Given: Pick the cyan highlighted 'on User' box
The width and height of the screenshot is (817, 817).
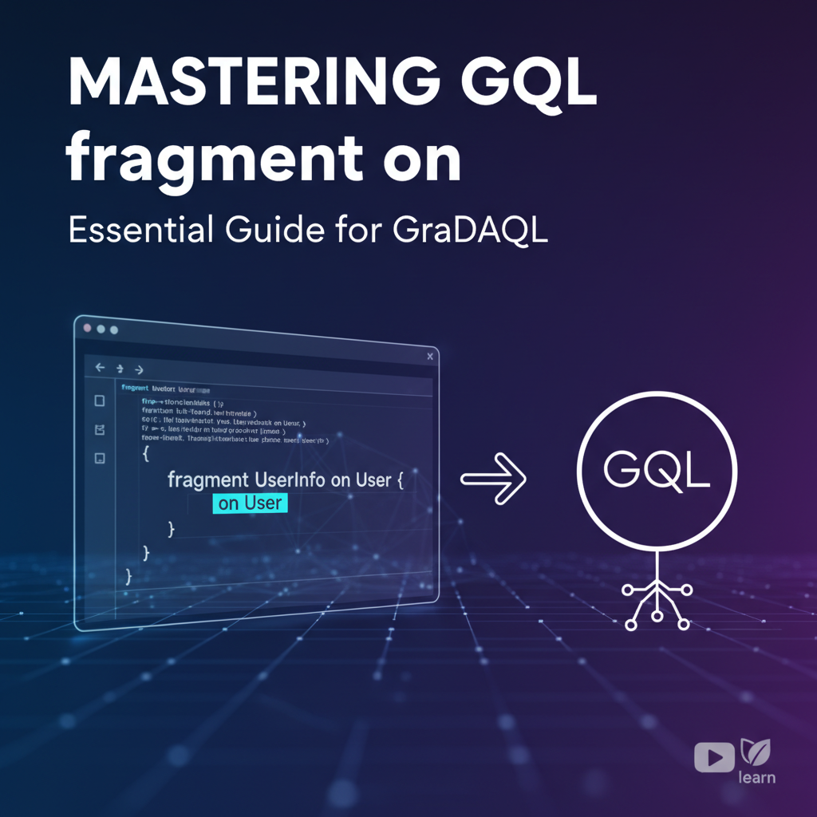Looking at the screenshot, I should click(x=250, y=503).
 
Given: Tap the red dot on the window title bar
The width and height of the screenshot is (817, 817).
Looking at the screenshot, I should click(x=88, y=327).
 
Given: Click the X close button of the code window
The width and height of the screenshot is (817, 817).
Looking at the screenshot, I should click(x=430, y=356).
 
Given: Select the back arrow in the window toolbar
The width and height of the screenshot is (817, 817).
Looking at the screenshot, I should click(x=101, y=368).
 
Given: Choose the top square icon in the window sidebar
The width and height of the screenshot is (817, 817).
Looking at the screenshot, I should click(x=100, y=401).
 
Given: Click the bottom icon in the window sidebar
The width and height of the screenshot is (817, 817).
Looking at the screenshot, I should click(x=100, y=458).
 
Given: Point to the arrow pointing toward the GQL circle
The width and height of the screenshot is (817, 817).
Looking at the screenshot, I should click(x=494, y=479).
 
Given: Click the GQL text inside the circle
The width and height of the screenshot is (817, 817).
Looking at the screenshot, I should click(x=657, y=471).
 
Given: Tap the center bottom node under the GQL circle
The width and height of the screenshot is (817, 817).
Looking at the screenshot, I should click(x=657, y=615).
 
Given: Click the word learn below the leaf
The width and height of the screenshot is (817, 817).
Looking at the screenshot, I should click(x=756, y=777).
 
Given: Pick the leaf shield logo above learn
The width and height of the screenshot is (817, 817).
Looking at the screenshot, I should click(x=754, y=751).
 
